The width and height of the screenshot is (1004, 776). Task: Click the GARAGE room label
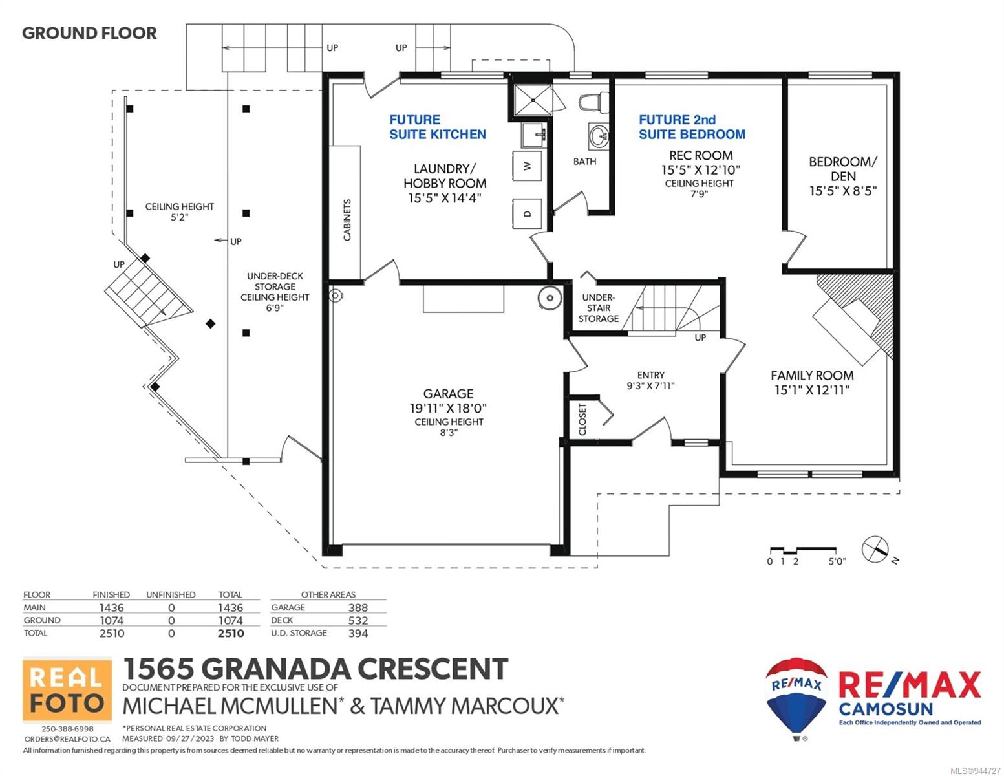coord(448,394)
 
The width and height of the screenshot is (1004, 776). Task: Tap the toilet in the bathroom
coord(594,102)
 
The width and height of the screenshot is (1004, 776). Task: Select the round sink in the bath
coord(599,137)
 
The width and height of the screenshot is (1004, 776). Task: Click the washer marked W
coord(527,166)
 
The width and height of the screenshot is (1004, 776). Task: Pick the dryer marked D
coord(527,213)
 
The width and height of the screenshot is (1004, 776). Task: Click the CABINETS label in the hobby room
coord(347,220)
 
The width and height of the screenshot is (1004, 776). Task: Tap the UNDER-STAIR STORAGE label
coord(599,308)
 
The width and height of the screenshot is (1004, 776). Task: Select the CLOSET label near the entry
coord(582,419)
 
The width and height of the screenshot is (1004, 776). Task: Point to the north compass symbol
coord(875,550)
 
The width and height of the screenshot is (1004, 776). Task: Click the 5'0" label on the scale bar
coord(837,561)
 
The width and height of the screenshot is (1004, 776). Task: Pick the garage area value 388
coord(358,608)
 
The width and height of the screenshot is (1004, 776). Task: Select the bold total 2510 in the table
coord(231,633)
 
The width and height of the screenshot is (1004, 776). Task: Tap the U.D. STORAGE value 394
coord(358,633)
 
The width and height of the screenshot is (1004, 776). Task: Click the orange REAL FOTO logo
coord(67,689)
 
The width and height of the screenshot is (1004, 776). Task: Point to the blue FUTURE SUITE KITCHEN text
coord(438,127)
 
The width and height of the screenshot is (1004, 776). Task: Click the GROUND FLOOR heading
coord(90,33)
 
